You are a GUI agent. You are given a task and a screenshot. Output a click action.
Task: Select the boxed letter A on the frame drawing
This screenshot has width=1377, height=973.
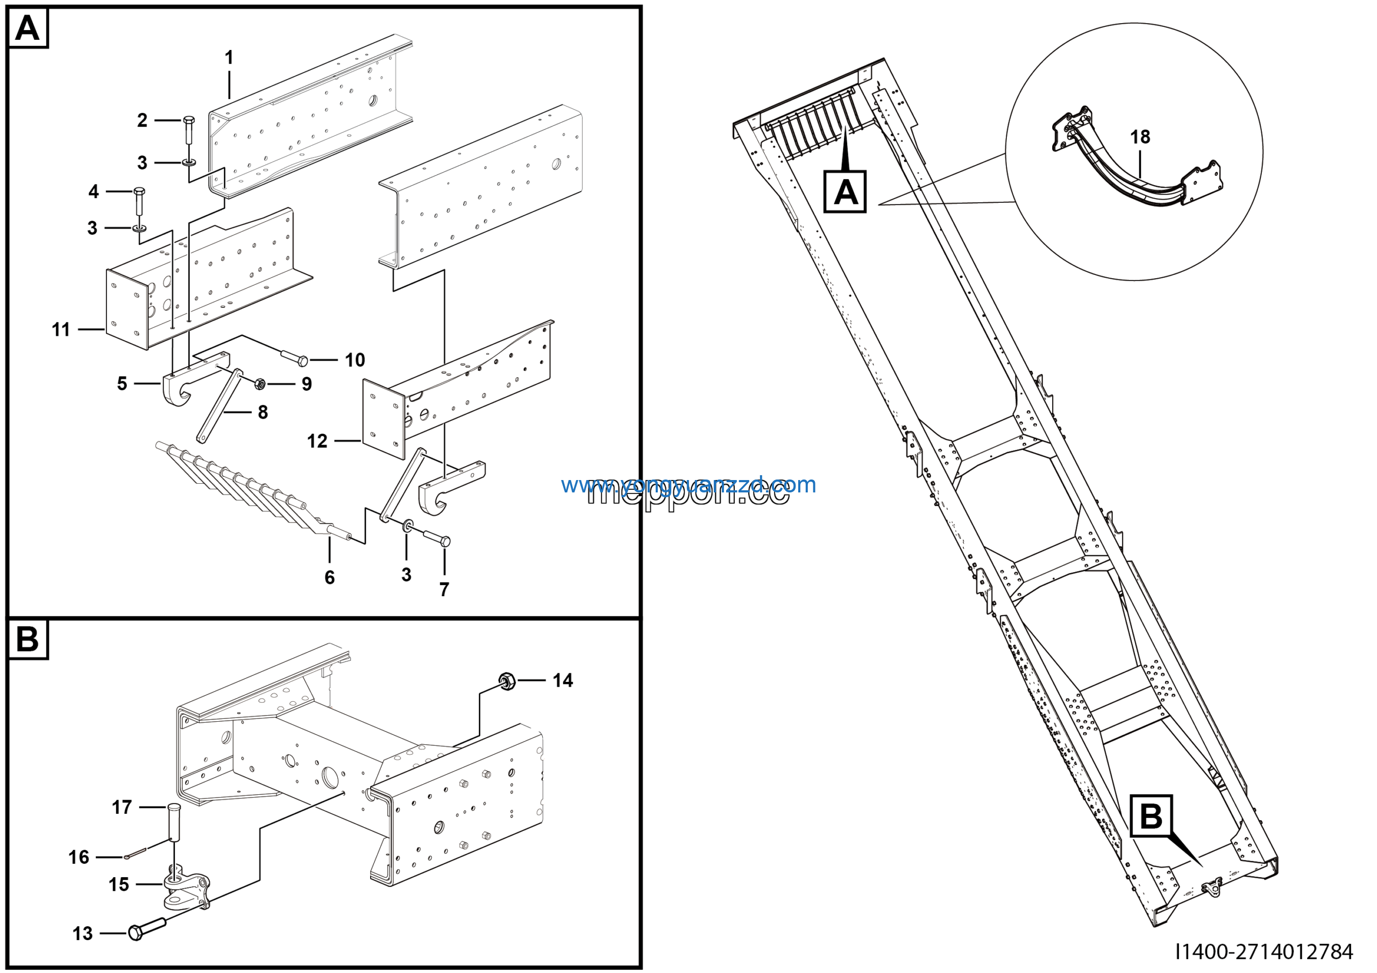point(844,192)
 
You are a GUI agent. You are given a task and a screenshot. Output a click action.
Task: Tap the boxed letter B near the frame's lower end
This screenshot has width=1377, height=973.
point(1151,816)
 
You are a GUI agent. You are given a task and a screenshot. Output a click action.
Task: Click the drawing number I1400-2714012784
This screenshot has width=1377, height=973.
point(1263,951)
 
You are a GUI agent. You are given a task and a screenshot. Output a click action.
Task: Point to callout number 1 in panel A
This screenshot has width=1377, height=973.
point(229,58)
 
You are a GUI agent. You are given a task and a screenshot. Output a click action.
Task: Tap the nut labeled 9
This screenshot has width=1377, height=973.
point(260,383)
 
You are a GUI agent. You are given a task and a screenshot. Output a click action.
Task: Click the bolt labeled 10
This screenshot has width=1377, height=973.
point(295,359)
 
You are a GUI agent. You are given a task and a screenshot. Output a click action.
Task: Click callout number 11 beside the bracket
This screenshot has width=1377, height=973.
point(61,329)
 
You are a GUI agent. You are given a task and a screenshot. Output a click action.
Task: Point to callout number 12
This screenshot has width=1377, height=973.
point(317,441)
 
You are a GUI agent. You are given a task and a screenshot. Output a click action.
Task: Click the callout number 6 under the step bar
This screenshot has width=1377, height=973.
point(329,577)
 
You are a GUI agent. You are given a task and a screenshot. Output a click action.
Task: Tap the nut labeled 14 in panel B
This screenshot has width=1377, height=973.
point(506,680)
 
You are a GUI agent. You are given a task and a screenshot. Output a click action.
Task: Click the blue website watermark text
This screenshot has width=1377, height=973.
point(688,485)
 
